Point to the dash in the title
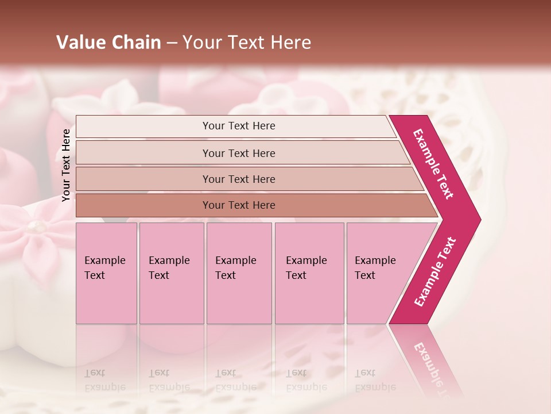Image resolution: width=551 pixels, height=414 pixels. [x=172, y=43]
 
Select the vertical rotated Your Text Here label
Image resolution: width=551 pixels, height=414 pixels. [x=66, y=165]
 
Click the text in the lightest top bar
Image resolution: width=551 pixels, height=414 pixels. [x=239, y=126]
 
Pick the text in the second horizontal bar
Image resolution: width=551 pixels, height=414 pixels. [x=239, y=153]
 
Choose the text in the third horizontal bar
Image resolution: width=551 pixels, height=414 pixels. [x=239, y=179]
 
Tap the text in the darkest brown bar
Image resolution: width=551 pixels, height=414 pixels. [x=239, y=205]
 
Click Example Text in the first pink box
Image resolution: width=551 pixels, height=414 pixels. [x=104, y=267]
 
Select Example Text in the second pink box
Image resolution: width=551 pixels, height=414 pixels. [x=169, y=267]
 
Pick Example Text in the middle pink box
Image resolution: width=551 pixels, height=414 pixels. [x=235, y=267]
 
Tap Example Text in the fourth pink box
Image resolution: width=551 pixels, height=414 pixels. [x=306, y=267]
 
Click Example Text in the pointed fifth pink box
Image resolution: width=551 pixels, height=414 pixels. [x=375, y=267]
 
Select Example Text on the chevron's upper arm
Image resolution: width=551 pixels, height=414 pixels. [x=434, y=164]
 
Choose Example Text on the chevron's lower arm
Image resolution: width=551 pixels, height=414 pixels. [x=436, y=272]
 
